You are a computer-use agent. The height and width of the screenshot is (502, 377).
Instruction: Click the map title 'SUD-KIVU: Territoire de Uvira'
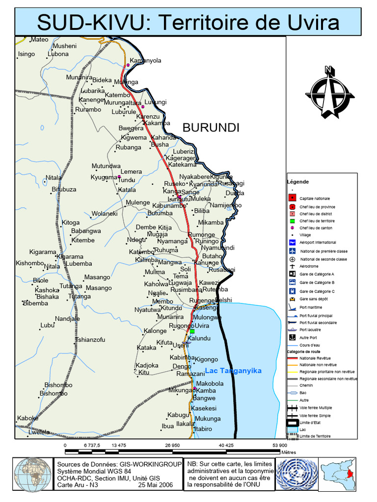[x=188, y=22]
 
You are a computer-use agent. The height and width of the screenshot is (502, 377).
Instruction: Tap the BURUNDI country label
[x=211, y=128]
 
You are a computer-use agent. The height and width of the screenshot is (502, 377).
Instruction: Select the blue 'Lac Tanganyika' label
[x=233, y=371]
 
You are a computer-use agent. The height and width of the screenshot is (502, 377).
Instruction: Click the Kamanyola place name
[x=145, y=61]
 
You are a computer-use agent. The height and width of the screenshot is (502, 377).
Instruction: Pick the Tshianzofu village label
[x=90, y=340]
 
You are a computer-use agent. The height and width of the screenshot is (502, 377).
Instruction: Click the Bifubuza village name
[x=64, y=189]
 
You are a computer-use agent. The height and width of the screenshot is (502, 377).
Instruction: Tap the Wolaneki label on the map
[x=104, y=214]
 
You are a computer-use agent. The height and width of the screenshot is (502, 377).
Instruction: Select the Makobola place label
[x=210, y=383]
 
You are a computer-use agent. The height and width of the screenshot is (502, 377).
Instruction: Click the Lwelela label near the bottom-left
[x=39, y=432]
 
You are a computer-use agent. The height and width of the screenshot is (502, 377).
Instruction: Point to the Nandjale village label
[x=67, y=319]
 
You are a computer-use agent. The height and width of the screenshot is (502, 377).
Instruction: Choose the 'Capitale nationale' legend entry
[x=315, y=198]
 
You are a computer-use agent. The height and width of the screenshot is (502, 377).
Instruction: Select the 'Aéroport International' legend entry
[x=318, y=243]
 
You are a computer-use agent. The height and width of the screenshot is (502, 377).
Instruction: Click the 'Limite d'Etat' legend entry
[x=310, y=423]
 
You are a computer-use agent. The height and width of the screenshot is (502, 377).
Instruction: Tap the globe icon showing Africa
[x=32, y=475]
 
